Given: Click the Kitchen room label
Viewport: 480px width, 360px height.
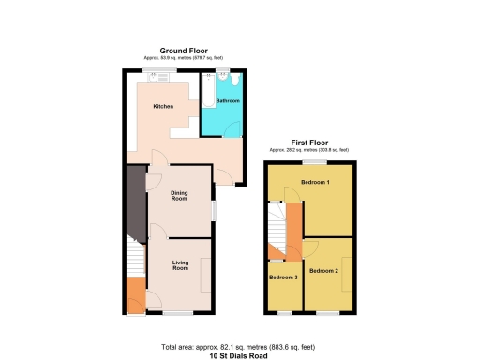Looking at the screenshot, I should click(163, 107).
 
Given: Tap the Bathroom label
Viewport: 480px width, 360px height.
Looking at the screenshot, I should click(228, 100).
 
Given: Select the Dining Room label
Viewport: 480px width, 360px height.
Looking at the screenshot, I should click(179, 196).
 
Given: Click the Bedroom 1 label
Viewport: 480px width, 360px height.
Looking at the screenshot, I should click(315, 181).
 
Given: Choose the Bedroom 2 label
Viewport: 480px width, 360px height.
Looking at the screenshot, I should click(324, 271).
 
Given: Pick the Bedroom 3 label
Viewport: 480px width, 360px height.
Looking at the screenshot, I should click(283, 277).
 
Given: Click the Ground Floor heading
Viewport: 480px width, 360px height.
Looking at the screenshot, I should click(184, 51).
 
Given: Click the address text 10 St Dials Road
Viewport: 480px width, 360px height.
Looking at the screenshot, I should click(239, 356).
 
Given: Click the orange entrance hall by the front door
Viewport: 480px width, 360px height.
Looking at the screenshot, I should click(135, 295).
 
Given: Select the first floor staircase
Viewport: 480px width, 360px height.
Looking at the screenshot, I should click(277, 230).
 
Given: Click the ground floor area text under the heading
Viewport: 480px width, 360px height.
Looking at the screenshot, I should click(184, 57).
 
